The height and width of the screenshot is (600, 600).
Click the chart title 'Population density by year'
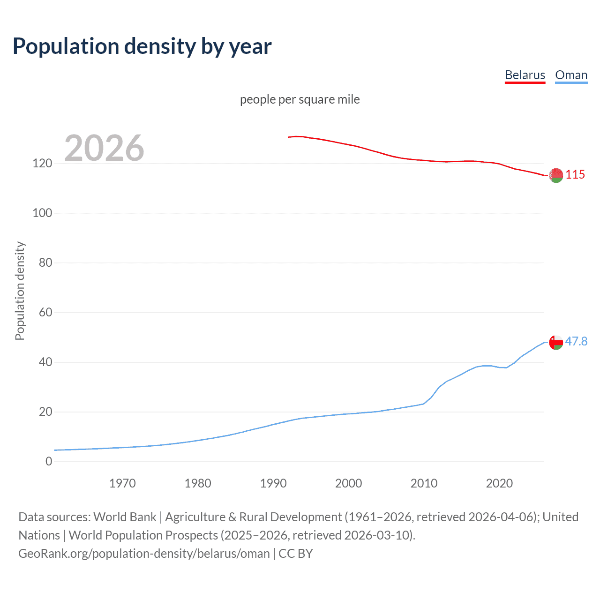(x=142, y=46)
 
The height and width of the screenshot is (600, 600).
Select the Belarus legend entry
(x=525, y=75)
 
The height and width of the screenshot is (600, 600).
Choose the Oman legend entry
(x=571, y=75)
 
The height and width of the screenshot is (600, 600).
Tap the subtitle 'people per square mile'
(x=300, y=99)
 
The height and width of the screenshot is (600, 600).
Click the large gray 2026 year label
(x=104, y=148)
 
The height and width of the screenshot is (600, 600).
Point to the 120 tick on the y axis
(x=42, y=164)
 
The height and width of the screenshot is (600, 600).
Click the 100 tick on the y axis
(x=42, y=213)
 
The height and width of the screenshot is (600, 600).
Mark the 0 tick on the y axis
(x=49, y=461)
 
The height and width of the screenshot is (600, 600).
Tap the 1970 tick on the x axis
(x=122, y=483)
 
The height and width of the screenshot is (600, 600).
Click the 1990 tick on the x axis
(x=273, y=483)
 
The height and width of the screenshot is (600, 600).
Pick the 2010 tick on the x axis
(x=424, y=483)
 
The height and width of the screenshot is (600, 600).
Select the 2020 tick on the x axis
(x=499, y=483)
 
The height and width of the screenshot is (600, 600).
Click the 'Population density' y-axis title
(x=20, y=291)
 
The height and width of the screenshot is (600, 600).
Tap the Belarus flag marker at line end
(x=556, y=175)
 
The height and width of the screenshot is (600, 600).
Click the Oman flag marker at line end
(x=556, y=343)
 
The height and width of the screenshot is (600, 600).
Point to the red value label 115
(x=575, y=174)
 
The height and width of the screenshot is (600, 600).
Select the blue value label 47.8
(x=576, y=341)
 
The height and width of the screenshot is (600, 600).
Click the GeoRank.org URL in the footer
(x=144, y=554)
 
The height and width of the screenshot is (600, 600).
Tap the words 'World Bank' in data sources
(x=125, y=517)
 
